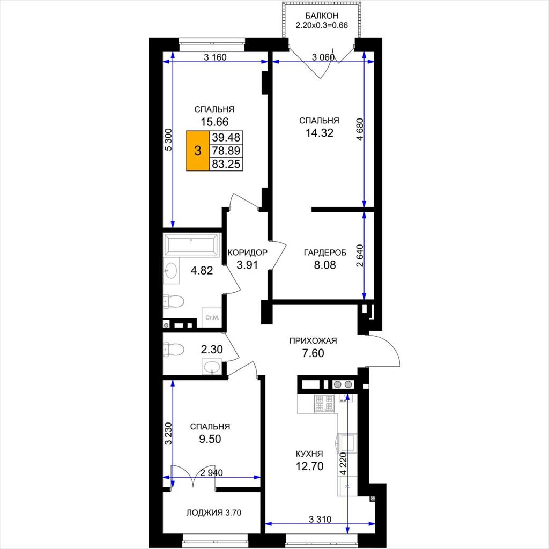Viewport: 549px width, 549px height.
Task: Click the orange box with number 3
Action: (198, 151)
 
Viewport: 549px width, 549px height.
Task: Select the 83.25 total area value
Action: (226, 164)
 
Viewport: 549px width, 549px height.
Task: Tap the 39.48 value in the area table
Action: (226, 137)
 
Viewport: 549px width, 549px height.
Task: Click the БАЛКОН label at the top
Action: (322, 16)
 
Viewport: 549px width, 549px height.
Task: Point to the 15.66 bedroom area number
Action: (214, 122)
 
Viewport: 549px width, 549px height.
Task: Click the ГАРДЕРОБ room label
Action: (324, 253)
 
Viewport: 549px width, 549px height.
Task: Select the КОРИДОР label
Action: (247, 253)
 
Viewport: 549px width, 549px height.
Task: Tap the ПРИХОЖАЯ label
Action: (313, 340)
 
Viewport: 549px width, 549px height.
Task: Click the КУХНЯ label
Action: (309, 454)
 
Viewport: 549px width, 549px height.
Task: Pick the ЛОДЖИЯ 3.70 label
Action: (213, 513)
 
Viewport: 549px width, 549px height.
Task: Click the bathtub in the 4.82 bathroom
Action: (191, 244)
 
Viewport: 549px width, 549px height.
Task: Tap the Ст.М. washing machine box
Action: (212, 317)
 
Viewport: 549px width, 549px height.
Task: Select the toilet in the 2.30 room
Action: (174, 350)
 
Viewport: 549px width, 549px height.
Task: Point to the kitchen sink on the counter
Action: (347, 442)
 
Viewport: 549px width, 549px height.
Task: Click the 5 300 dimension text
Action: (168, 140)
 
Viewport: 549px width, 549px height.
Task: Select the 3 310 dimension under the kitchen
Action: (320, 519)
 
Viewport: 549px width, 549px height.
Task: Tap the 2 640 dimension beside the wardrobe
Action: (360, 256)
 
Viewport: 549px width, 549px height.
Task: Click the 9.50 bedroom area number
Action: (210, 439)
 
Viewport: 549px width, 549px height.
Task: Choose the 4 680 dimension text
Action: (360, 130)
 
